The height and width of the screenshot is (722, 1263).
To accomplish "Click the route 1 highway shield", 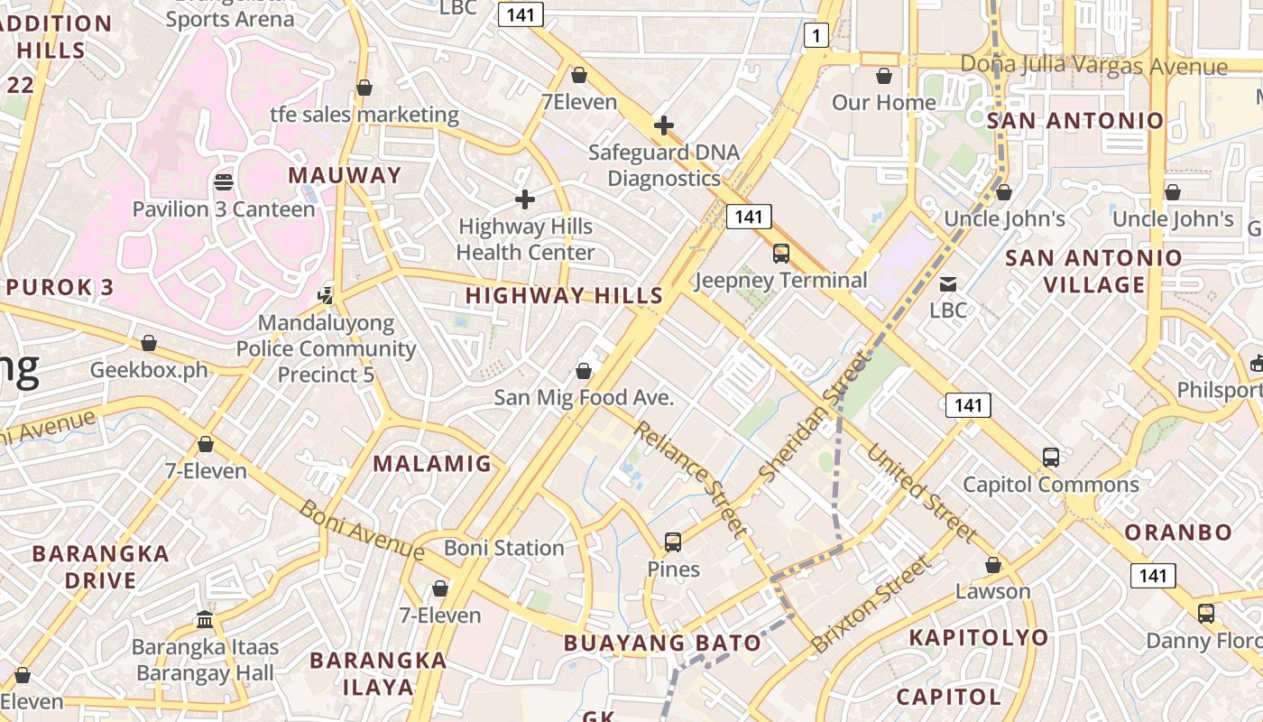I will tap(816, 35).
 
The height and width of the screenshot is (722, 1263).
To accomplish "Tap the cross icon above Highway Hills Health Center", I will tap(525, 199).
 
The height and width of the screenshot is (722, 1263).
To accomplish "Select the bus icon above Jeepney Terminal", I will tap(781, 254).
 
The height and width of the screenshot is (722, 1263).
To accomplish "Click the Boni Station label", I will tap(503, 548).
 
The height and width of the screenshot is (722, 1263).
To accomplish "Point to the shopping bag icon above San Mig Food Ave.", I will tap(584, 371).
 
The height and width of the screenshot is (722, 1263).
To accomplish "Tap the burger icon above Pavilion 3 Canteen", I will tap(224, 182).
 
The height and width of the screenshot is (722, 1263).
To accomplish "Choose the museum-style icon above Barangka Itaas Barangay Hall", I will tap(205, 620).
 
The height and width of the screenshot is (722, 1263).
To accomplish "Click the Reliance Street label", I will tap(692, 478).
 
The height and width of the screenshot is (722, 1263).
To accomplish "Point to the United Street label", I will tap(922, 494).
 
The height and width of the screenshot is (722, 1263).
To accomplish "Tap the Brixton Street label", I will tap(870, 605).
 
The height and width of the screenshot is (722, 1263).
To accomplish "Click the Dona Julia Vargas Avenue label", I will tap(1093, 66).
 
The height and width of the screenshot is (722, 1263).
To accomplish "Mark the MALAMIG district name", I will tap(432, 464).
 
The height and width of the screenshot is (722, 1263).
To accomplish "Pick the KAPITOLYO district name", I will tap(979, 637).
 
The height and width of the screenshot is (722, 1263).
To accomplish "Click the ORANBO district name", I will tap(1178, 532).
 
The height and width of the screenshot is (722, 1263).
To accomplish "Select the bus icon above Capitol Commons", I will tap(1051, 458).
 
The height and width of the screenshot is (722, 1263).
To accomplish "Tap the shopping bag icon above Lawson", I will tap(993, 565).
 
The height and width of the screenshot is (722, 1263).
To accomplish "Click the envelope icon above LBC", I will tap(948, 284).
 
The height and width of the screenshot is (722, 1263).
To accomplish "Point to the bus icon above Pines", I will tap(673, 542).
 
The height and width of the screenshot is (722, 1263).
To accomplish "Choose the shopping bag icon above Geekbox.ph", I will tap(149, 344).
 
